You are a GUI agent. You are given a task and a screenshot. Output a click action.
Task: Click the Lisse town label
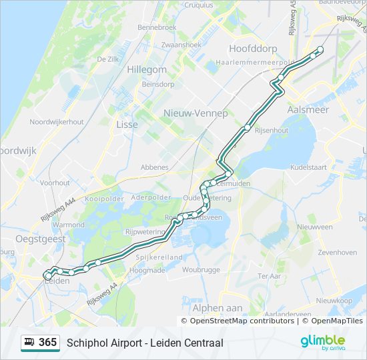(x=127, y=125)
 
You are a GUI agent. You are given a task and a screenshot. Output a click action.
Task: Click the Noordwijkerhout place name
(x=57, y=122)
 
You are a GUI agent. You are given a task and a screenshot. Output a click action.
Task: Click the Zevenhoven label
(x=337, y=253)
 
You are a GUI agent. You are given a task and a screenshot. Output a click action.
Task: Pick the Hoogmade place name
(x=147, y=270)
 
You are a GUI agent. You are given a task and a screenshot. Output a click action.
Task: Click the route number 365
(x=47, y=343)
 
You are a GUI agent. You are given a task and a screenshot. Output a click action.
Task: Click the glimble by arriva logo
(x=322, y=343)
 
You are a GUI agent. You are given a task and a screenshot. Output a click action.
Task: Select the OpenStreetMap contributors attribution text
(x=242, y=321)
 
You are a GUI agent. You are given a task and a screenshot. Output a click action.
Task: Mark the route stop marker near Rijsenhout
(x=248, y=127)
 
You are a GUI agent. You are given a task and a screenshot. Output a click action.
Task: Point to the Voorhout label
(x=55, y=182)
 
